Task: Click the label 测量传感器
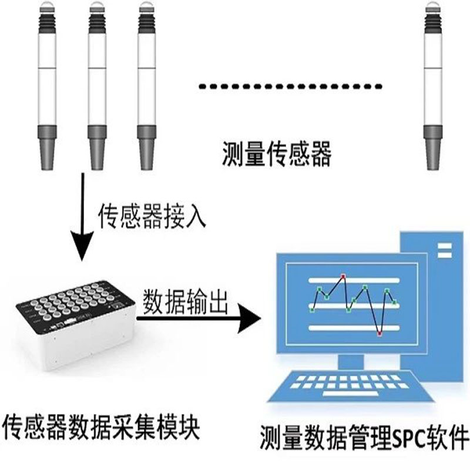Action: [x=277, y=154]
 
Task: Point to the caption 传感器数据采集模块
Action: [x=101, y=427]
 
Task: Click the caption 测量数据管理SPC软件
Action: [x=364, y=437]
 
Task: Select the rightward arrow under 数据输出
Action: [x=199, y=318]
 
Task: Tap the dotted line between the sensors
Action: [x=290, y=86]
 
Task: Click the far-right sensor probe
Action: [x=433, y=85]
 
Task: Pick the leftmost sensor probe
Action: [x=47, y=85]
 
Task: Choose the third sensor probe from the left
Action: [x=146, y=85]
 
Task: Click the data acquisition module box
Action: [x=76, y=326]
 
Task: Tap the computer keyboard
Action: [x=350, y=387]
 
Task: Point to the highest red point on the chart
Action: [x=343, y=276]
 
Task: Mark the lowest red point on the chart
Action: [x=380, y=333]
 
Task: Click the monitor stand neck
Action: [x=351, y=362]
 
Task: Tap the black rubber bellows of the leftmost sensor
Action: [x=47, y=22]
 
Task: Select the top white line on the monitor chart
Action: [x=354, y=281]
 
